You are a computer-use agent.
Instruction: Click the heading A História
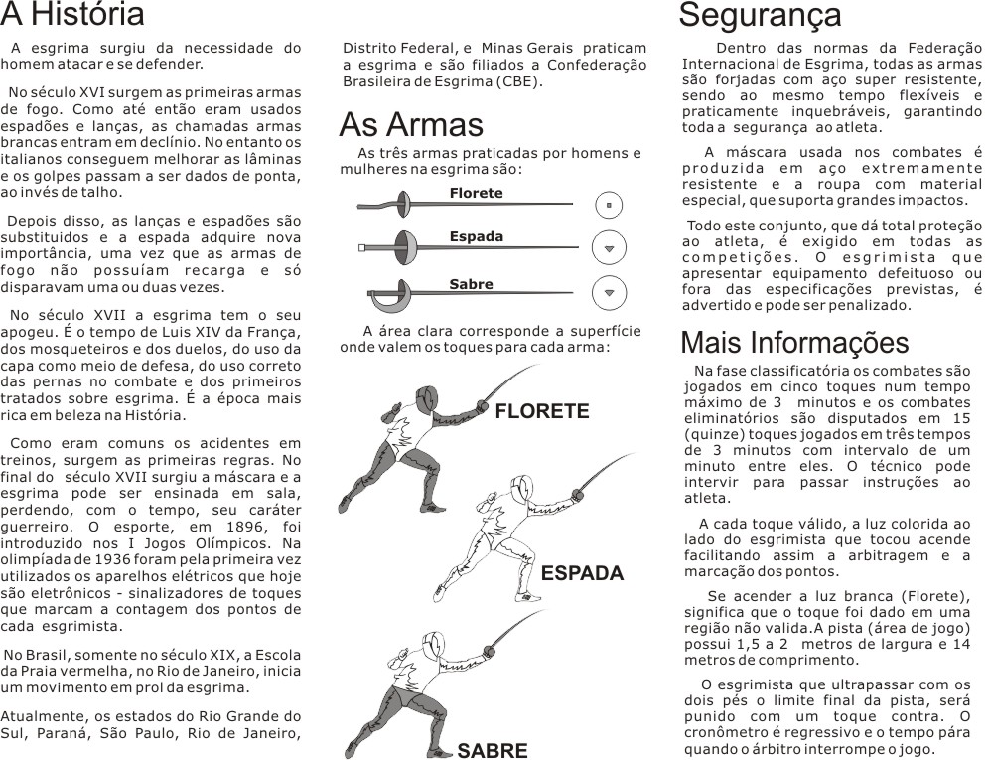(x=72, y=15)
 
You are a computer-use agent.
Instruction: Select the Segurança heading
(x=760, y=15)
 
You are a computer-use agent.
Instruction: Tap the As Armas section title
(x=411, y=125)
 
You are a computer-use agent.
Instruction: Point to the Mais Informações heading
(x=794, y=343)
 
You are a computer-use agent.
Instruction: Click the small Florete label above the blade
(x=476, y=193)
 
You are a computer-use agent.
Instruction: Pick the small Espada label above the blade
(x=476, y=237)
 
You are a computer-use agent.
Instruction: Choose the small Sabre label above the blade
(x=471, y=284)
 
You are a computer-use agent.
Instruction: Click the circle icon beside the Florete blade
(x=609, y=205)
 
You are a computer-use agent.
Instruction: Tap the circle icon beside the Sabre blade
(x=609, y=292)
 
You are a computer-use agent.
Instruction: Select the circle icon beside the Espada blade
(x=609, y=247)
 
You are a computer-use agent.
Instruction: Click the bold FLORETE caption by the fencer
(x=542, y=412)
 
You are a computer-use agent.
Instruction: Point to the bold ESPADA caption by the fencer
(x=582, y=574)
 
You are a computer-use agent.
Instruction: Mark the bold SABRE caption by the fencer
(x=493, y=750)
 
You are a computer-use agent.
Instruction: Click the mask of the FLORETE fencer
(x=427, y=400)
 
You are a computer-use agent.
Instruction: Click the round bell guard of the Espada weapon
(x=401, y=246)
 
